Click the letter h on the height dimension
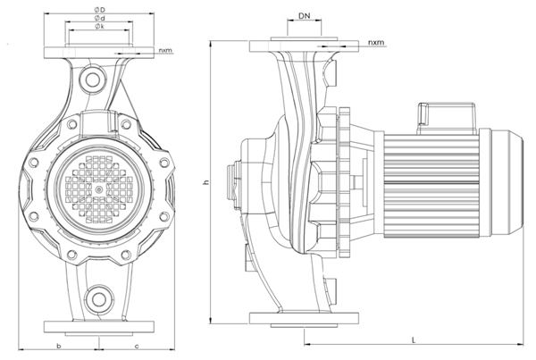(x=205, y=183)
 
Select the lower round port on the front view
(x=98, y=298)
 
